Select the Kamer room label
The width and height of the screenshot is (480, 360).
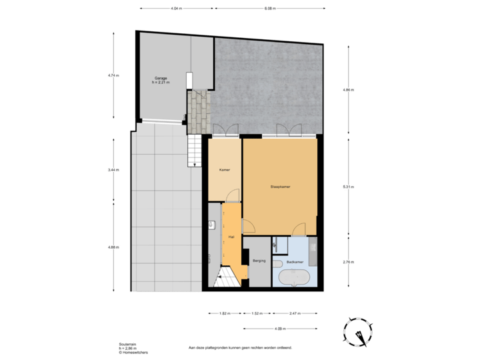point(225,170)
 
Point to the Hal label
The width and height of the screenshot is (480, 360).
point(231,237)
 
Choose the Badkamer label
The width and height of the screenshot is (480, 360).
point(295,262)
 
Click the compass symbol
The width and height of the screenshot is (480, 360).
point(360,331)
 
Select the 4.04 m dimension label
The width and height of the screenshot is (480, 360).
point(176,9)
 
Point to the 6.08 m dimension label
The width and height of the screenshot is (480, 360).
point(269,9)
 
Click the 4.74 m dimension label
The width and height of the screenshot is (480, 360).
point(113,75)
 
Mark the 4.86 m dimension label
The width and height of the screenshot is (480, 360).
point(347,89)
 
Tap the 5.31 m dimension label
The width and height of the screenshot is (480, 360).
point(347,187)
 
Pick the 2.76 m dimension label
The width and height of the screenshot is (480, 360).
point(347,262)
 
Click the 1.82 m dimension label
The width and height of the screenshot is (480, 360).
point(225,313)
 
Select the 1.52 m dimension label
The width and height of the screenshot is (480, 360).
point(257,313)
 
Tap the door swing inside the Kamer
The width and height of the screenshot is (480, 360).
point(231,195)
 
